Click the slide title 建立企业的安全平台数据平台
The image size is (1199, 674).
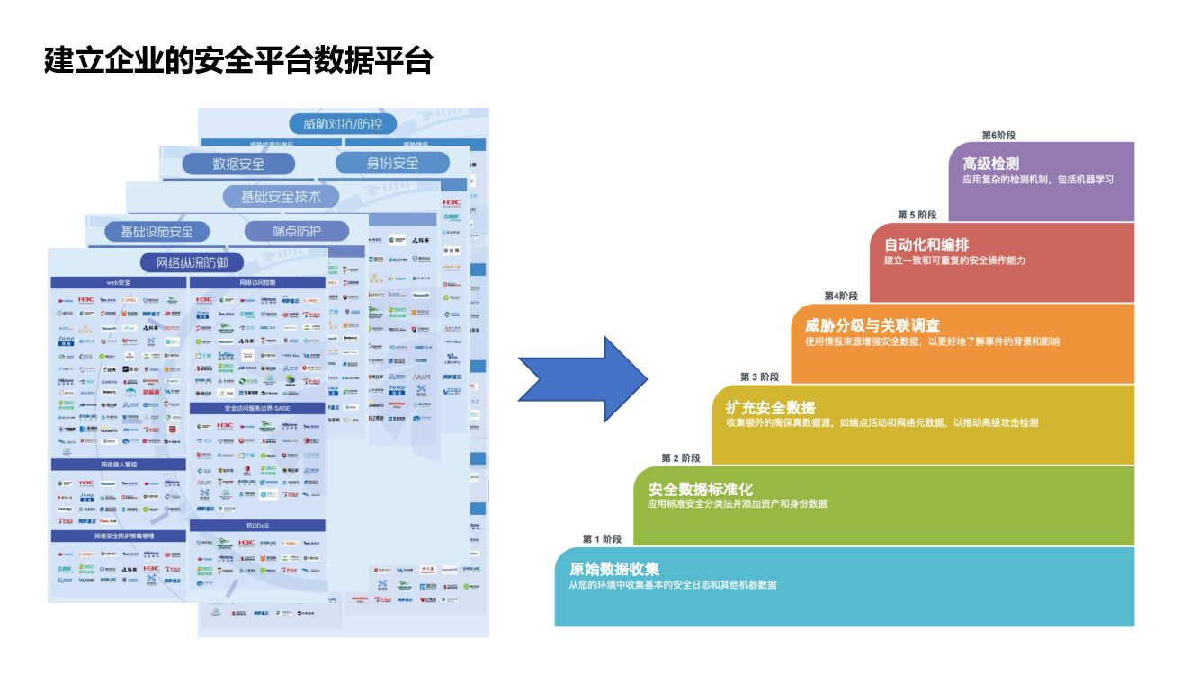click(x=238, y=60)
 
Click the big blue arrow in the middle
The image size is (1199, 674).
click(x=583, y=379)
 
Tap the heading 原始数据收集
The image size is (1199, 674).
click(x=614, y=569)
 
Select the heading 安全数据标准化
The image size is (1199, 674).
click(x=700, y=489)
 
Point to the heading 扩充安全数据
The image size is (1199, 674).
click(x=770, y=407)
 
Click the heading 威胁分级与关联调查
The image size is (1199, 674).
click(x=872, y=325)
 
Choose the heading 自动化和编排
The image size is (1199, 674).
click(x=926, y=244)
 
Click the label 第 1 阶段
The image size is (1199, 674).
click(x=602, y=539)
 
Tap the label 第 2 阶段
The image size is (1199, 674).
click(x=681, y=458)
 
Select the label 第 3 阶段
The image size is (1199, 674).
click(x=759, y=377)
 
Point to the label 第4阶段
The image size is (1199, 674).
click(x=841, y=296)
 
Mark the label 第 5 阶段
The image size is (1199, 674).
click(x=917, y=215)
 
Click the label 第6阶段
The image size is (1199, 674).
click(x=998, y=135)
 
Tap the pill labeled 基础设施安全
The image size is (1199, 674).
click(x=157, y=231)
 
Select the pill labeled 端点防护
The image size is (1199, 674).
click(x=297, y=231)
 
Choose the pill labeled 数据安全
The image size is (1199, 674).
click(x=238, y=164)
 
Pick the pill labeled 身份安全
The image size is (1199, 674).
click(x=392, y=163)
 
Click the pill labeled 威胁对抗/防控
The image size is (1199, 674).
click(x=343, y=124)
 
